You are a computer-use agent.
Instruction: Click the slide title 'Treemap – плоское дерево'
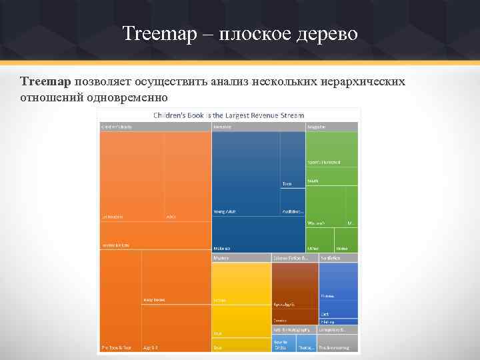[240, 33]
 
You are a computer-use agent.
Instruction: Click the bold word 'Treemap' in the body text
[45, 81]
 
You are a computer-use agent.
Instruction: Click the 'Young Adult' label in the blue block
[224, 211]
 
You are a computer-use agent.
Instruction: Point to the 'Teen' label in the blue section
[287, 183]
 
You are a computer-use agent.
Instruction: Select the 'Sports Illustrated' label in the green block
[323, 162]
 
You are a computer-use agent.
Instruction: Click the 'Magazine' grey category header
[317, 126]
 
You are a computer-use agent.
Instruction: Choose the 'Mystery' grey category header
[221, 257]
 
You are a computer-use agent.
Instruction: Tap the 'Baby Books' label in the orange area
[154, 299]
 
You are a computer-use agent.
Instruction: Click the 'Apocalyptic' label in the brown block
[283, 304]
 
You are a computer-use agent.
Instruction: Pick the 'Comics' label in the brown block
[280, 321]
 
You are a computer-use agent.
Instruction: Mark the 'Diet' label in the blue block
[325, 313]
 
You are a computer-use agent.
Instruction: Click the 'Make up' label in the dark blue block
[222, 246]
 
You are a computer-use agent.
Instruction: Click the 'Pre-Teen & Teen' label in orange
[116, 347]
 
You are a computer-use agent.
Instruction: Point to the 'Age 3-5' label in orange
[151, 347]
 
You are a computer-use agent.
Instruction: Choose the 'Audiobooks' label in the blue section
[293, 211]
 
